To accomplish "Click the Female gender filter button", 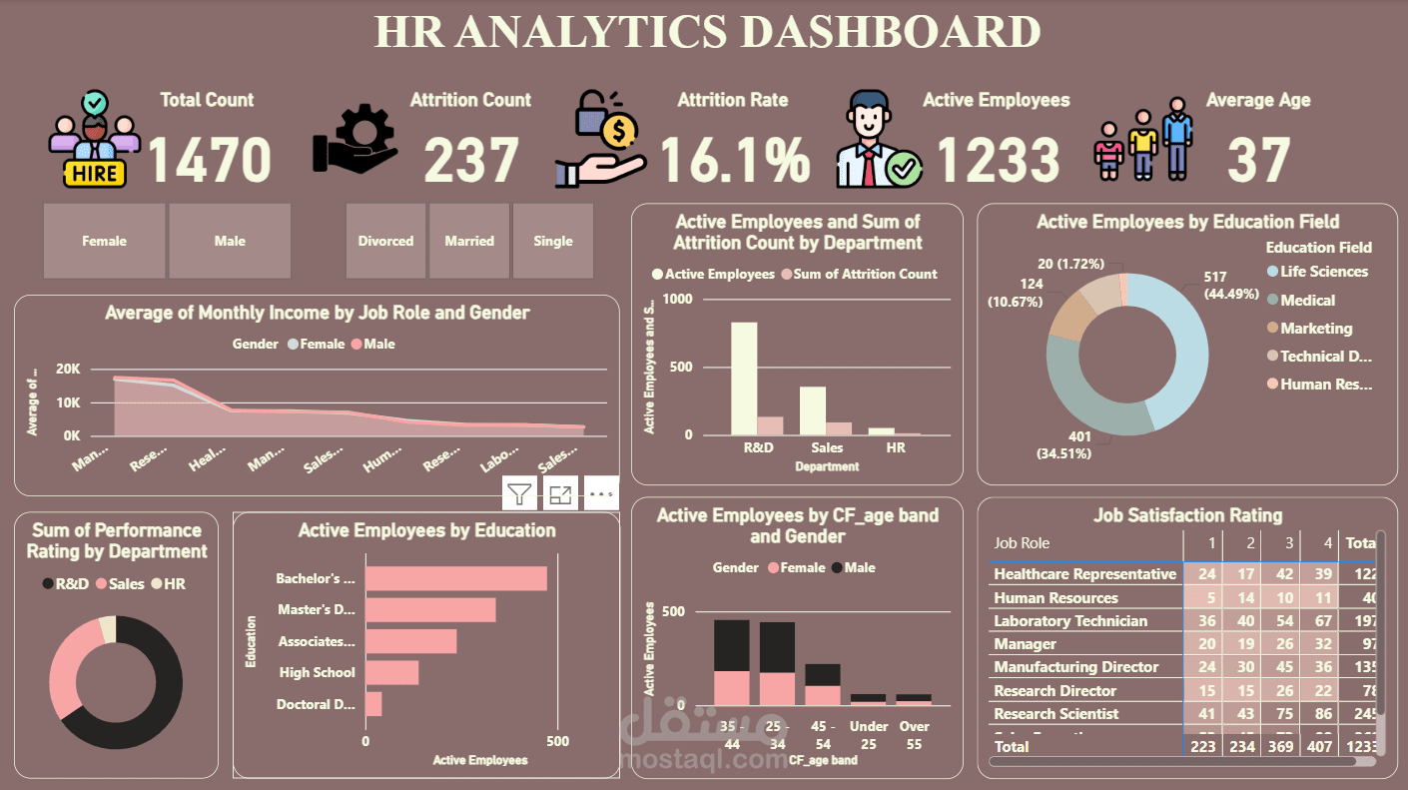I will [x=104, y=241].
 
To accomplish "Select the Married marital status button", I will [x=469, y=241].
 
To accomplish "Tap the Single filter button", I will [x=553, y=241].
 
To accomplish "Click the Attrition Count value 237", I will [x=471, y=160].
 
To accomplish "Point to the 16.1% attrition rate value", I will [x=735, y=160].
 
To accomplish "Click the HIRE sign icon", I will [x=95, y=174].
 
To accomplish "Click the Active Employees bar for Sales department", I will [x=813, y=410].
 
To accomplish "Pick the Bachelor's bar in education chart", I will [x=455, y=579].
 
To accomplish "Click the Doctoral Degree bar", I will [x=373, y=704].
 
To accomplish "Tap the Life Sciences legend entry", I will [x=1324, y=272].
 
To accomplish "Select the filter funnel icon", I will [x=519, y=493].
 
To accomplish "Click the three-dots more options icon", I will [x=601, y=493].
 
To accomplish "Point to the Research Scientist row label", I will [x=1056, y=714].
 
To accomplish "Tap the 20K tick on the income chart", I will [x=68, y=370].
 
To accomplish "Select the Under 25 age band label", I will [x=869, y=733].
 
